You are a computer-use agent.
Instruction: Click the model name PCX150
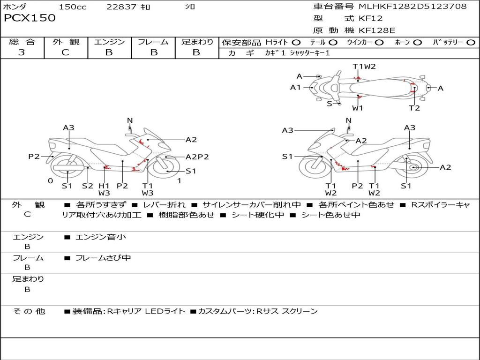click(30, 18)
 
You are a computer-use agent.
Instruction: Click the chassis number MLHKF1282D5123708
click(412, 6)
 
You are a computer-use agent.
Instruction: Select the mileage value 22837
click(121, 7)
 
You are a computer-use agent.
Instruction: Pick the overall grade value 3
click(22, 52)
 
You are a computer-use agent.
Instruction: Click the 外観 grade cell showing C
click(66, 52)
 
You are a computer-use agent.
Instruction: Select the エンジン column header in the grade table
click(109, 42)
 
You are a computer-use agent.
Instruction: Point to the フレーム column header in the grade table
click(153, 42)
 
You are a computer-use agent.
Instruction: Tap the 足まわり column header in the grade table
click(197, 42)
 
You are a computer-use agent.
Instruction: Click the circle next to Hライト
click(296, 42)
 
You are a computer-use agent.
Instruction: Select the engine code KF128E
click(377, 30)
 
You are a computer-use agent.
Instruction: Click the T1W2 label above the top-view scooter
click(364, 66)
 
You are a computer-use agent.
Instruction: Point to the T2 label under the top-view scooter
click(414, 108)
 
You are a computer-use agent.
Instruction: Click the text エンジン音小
click(100, 237)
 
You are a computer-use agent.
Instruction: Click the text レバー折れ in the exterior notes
click(164, 205)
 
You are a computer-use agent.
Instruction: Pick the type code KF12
click(370, 18)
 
